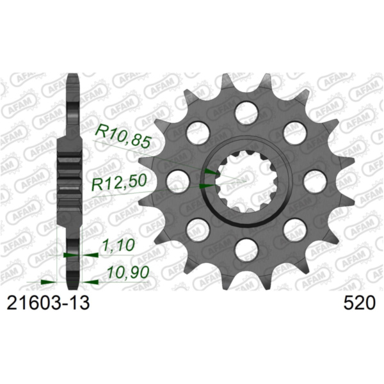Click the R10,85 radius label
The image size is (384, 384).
[x=123, y=135]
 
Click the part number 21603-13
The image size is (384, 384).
[x=46, y=304]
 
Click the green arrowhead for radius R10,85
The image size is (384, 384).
[x=211, y=172]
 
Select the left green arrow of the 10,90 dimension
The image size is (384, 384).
[x=46, y=281]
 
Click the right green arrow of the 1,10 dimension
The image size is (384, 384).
[x=90, y=255]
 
